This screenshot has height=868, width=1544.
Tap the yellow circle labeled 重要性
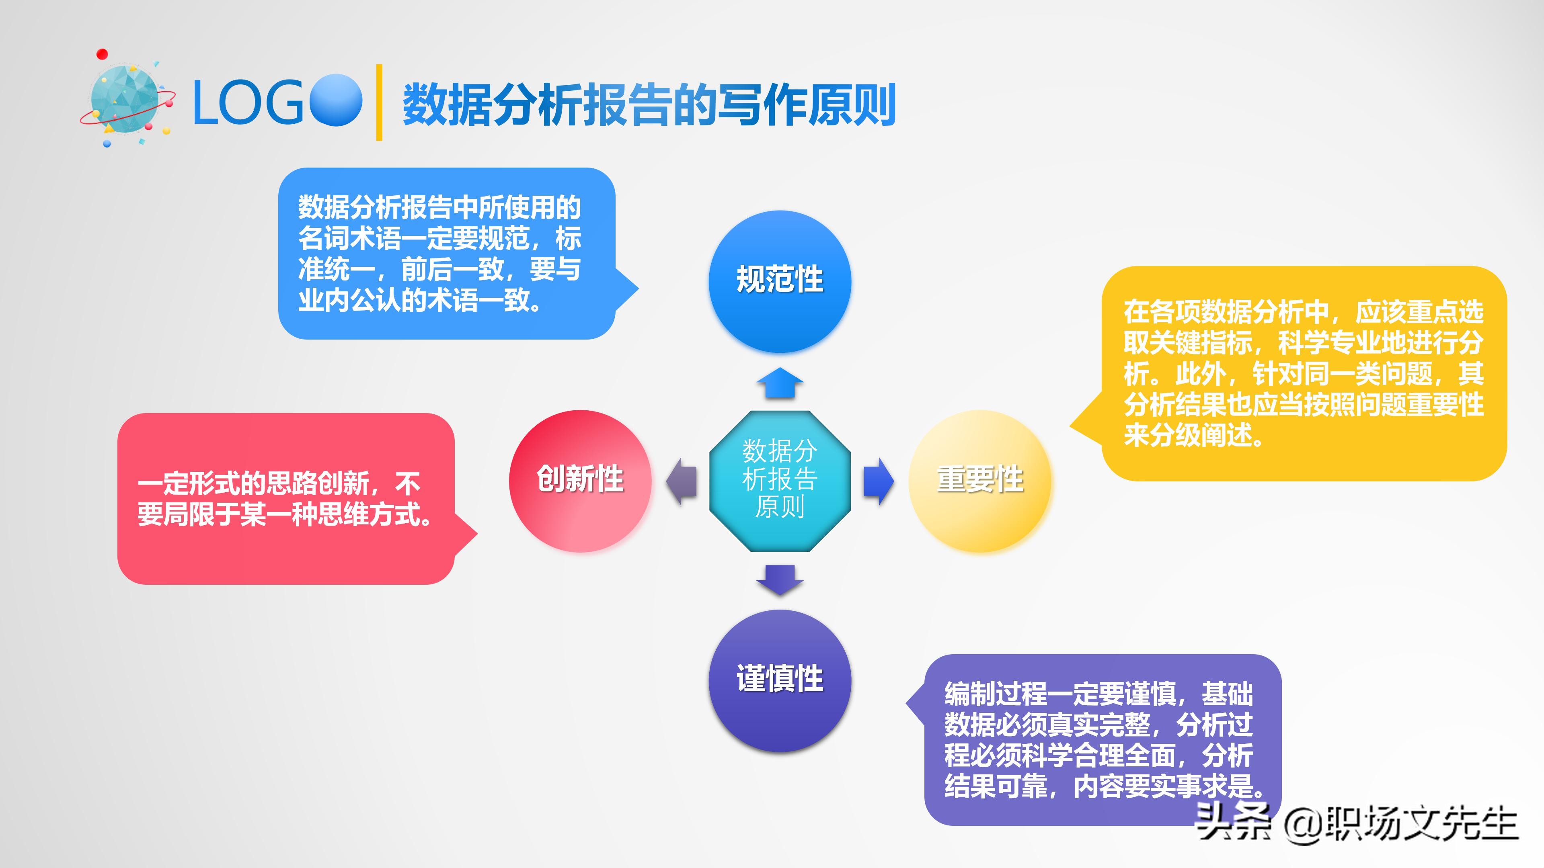(x=979, y=481)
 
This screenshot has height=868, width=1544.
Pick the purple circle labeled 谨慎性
(x=779, y=680)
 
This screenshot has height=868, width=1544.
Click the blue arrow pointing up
(x=779, y=383)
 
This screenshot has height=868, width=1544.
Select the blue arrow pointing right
(x=878, y=481)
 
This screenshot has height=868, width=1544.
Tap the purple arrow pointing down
(x=779, y=579)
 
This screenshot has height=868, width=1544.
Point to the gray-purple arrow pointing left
(x=682, y=481)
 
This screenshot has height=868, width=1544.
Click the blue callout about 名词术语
(x=447, y=254)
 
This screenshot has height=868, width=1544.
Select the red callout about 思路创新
(x=286, y=498)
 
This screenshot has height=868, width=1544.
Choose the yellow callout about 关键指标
(x=1304, y=373)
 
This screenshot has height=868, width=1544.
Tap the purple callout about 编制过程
(x=1102, y=739)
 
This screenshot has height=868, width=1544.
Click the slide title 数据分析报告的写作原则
(x=649, y=105)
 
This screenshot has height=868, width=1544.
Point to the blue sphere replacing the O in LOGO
(x=336, y=100)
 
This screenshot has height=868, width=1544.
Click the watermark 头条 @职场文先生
(x=1356, y=823)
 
